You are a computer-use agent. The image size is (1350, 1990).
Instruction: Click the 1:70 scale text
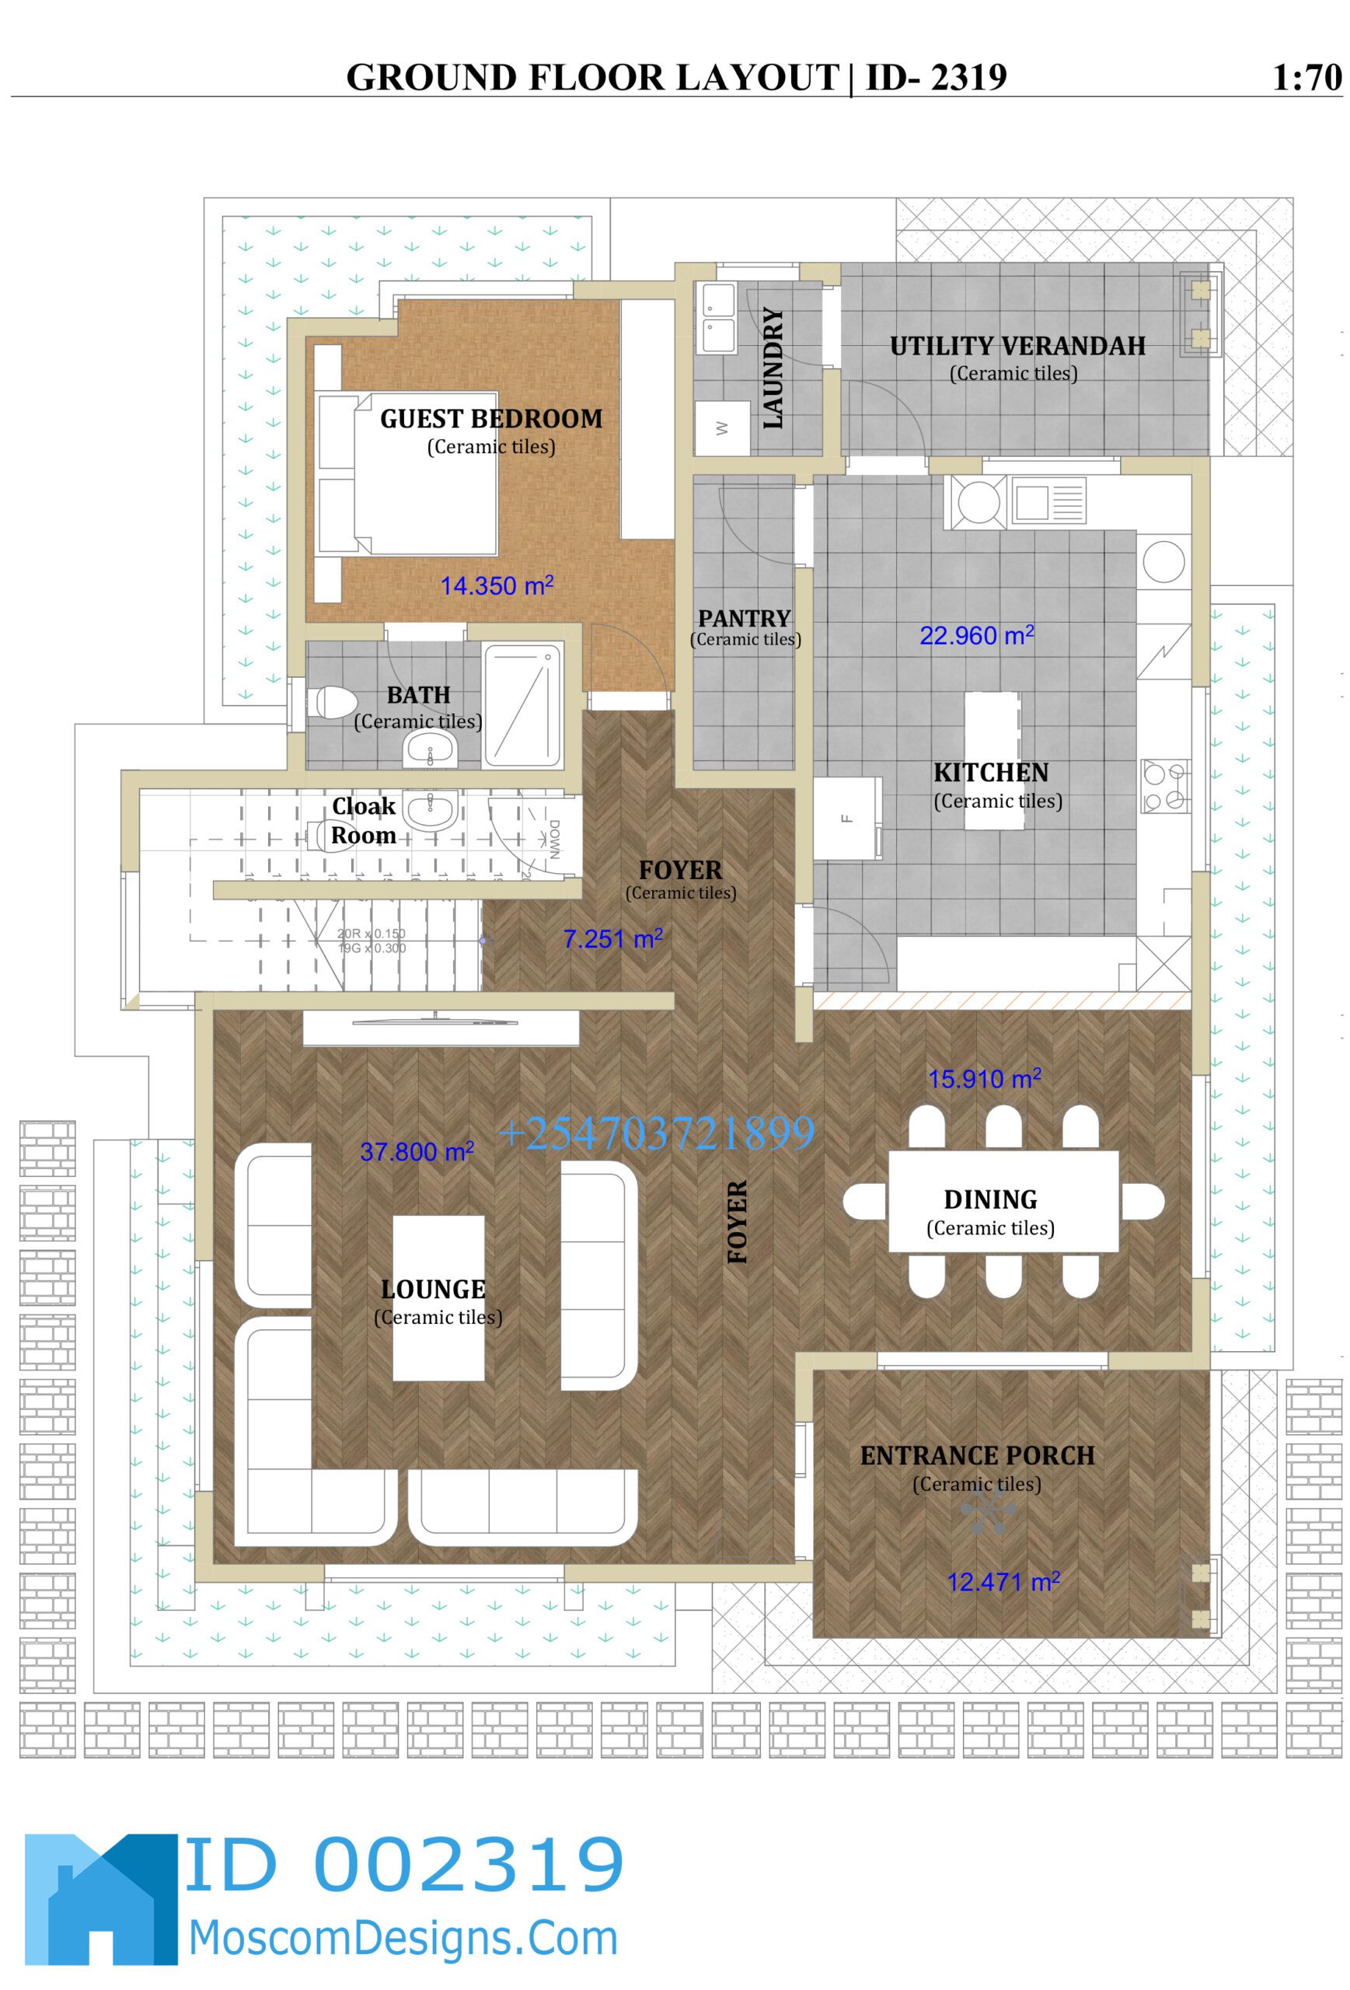(x=1306, y=78)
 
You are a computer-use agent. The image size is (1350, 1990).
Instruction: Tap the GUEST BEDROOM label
(x=490, y=419)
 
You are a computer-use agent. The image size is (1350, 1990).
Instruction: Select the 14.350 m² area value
(x=496, y=585)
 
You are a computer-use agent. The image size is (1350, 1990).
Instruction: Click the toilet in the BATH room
(x=335, y=702)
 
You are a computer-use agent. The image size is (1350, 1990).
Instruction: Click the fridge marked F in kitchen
(x=846, y=818)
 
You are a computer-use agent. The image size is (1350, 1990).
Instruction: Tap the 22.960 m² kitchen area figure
(x=976, y=635)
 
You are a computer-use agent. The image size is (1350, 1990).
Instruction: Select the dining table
(x=1003, y=1201)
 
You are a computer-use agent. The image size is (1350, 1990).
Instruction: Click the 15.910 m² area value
(x=984, y=1078)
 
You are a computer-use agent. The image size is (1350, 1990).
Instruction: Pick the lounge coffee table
(x=438, y=1297)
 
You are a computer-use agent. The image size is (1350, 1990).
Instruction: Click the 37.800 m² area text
(x=416, y=1152)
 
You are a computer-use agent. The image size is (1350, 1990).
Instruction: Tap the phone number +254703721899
(x=656, y=1133)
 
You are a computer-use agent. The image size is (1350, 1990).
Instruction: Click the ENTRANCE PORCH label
(x=977, y=1456)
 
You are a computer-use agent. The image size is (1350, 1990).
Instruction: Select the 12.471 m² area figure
(x=1003, y=1582)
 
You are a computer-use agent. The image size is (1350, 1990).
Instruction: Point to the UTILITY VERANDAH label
(x=1017, y=346)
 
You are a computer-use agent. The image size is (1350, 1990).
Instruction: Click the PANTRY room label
(x=744, y=618)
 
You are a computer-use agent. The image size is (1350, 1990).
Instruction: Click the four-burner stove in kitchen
(x=1164, y=786)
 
